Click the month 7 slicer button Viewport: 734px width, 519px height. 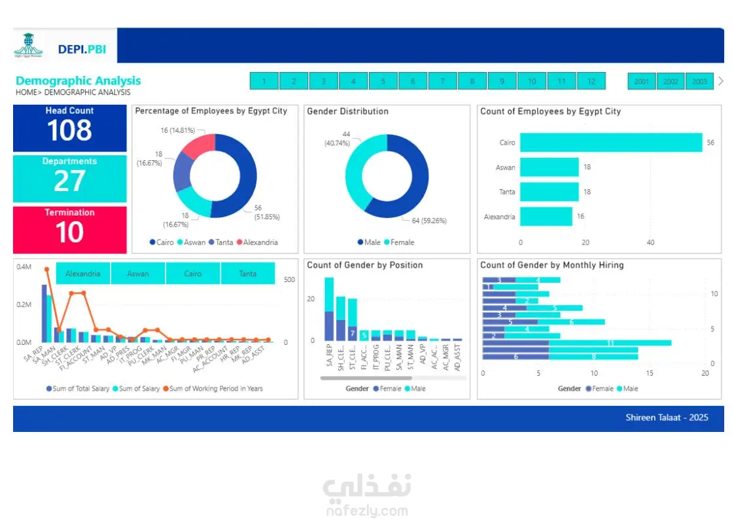[x=442, y=82]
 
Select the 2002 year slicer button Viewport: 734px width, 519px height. [x=671, y=82]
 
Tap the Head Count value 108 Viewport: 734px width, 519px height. [x=69, y=131]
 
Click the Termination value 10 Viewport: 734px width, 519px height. [x=69, y=232]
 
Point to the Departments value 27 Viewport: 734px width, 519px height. [x=69, y=181]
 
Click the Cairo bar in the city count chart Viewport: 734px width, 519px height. [x=610, y=143]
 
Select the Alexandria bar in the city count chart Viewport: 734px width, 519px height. [x=546, y=217]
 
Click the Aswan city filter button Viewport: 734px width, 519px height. [x=138, y=274]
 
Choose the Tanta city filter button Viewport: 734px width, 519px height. [x=248, y=274]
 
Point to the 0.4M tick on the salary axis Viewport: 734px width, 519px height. [x=24, y=267]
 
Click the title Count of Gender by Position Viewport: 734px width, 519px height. [x=364, y=265]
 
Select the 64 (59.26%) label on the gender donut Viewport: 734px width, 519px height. [x=428, y=221]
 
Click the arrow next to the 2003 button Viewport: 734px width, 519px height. [x=721, y=81]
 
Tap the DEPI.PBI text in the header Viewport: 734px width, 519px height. [x=82, y=48]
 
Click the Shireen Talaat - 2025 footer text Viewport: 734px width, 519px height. [x=667, y=418]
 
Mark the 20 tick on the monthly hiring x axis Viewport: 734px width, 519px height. [x=705, y=373]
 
